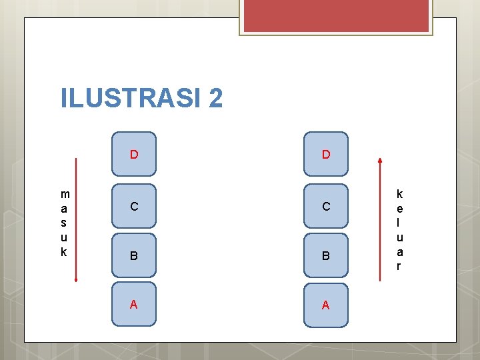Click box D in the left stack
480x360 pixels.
click(x=134, y=154)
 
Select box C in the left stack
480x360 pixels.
click(x=134, y=206)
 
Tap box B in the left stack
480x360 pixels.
click(x=134, y=255)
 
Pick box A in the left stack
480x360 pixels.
click(x=134, y=304)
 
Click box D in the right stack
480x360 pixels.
click(x=326, y=154)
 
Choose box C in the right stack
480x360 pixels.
click(x=326, y=206)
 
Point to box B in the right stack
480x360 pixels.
click(x=326, y=255)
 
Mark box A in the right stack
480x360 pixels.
click(x=326, y=304)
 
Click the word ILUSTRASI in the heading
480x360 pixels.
click(x=131, y=99)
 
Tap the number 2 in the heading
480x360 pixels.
click(x=215, y=99)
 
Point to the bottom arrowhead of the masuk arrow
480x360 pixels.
click(x=76, y=280)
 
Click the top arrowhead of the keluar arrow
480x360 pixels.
click(x=380, y=160)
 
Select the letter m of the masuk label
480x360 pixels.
click(x=65, y=194)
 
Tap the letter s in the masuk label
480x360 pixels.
click(x=65, y=223)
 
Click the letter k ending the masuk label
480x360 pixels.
click(x=65, y=251)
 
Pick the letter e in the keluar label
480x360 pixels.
click(x=399, y=208)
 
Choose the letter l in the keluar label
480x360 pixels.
click(x=399, y=223)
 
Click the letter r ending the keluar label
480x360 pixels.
click(x=399, y=265)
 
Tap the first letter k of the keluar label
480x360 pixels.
click(x=399, y=194)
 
